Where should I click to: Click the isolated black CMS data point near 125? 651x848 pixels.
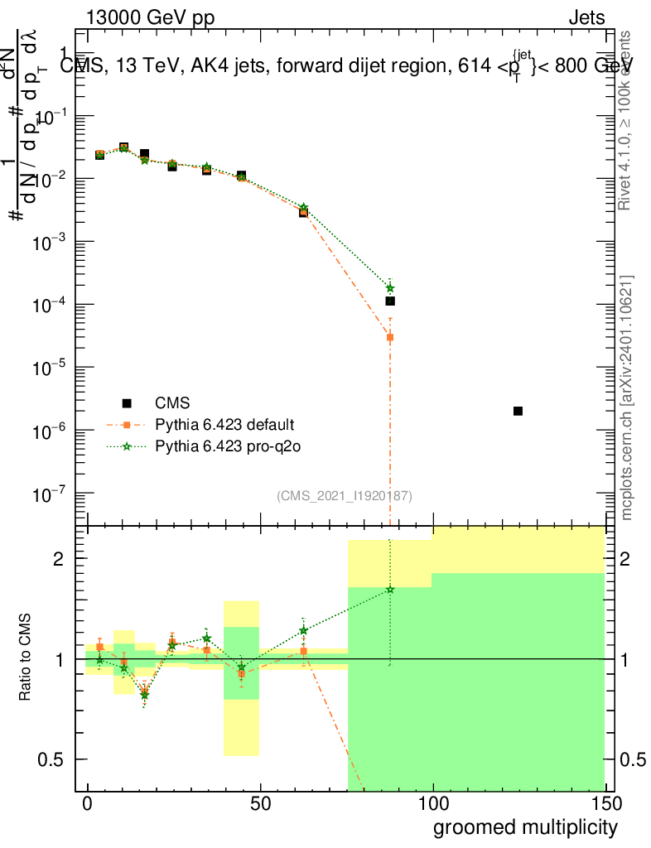click(x=518, y=411)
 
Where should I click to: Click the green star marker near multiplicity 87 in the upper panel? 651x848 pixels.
click(x=390, y=287)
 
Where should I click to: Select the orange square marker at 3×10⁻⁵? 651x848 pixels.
click(x=390, y=337)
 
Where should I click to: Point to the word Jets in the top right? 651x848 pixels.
click(x=586, y=17)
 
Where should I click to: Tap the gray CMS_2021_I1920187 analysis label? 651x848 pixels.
click(x=345, y=495)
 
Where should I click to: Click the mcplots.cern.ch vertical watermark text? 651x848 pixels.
click(x=627, y=397)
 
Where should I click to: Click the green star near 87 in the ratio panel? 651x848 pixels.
click(x=390, y=590)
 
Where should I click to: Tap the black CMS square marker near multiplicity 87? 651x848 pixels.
click(x=390, y=301)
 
